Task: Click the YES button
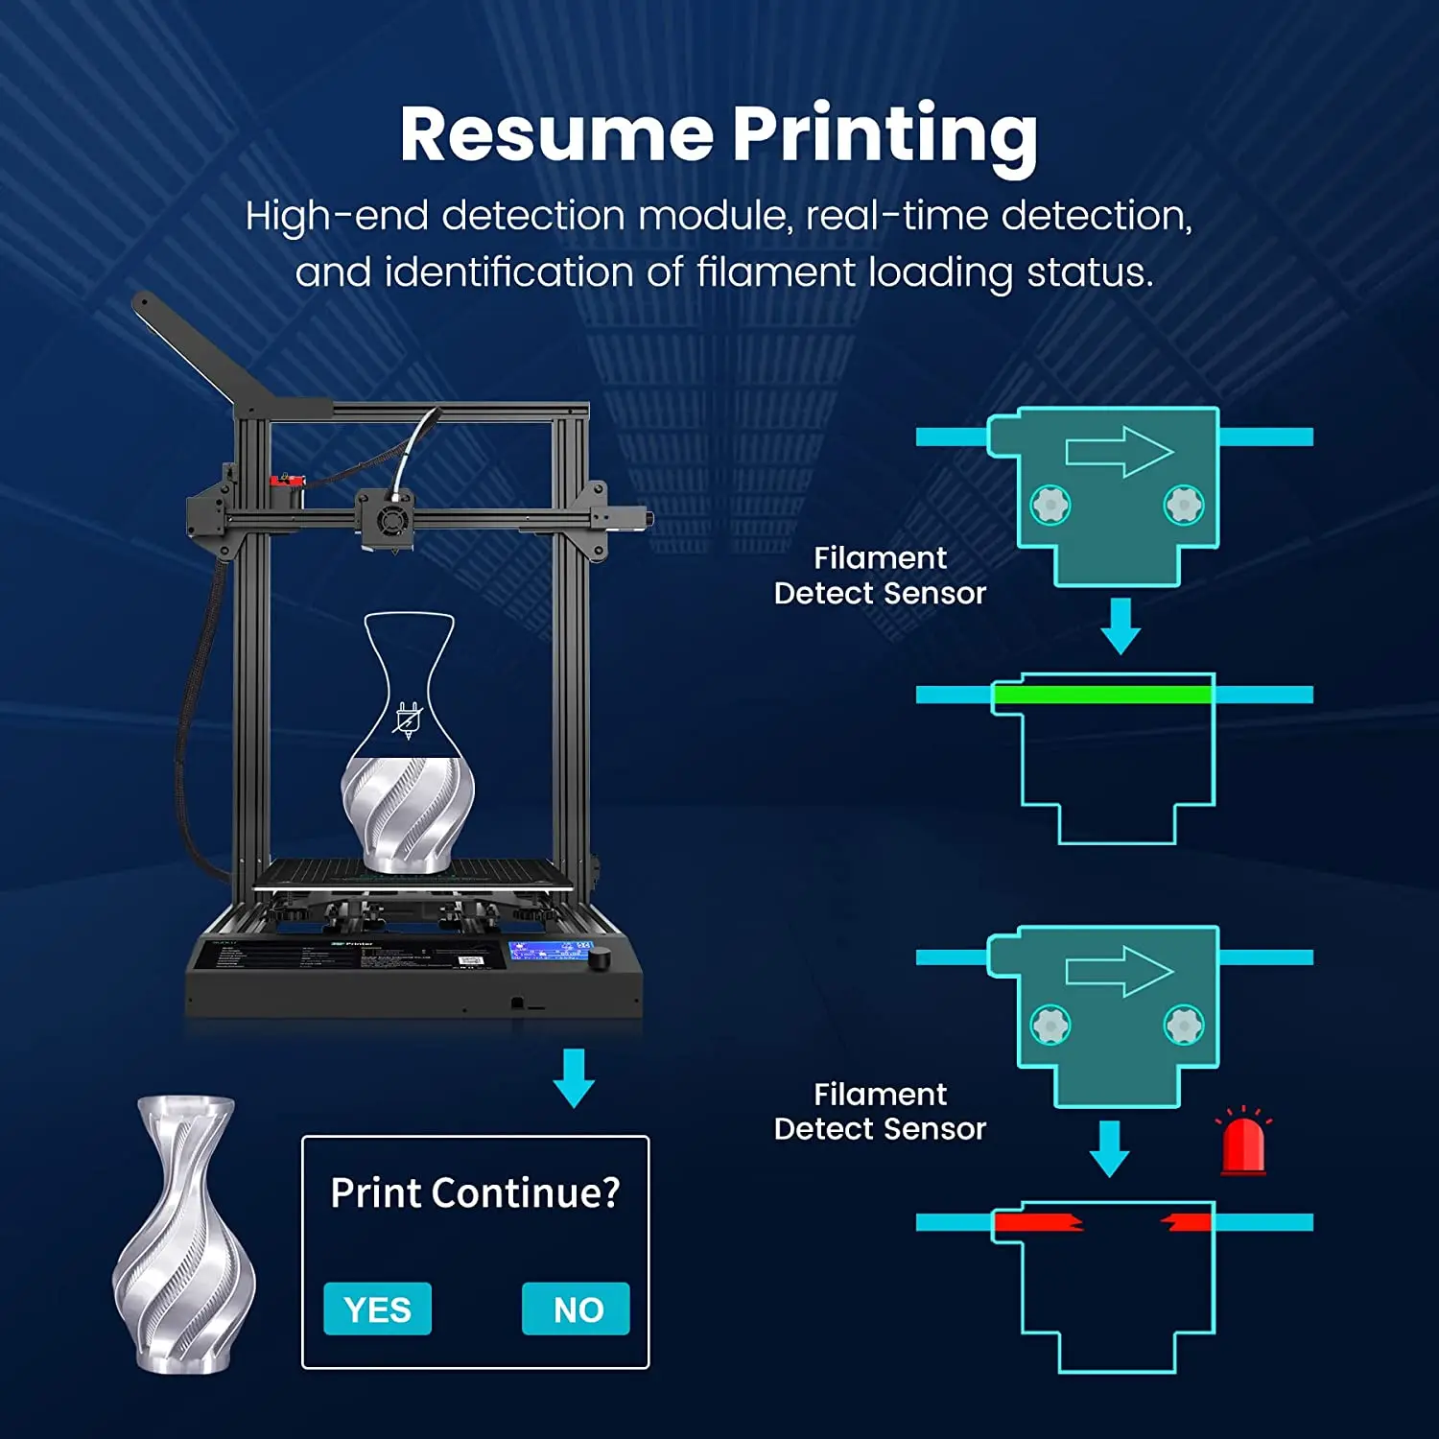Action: (377, 1309)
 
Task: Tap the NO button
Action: (576, 1309)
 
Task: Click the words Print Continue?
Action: (475, 1192)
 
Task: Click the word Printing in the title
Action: (885, 134)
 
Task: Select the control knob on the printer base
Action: (601, 957)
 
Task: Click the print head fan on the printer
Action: (390, 521)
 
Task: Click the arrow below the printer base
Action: (574, 1077)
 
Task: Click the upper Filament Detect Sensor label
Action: (880, 576)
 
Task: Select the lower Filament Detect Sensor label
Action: (880, 1111)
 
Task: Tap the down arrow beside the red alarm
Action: (1110, 1147)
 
